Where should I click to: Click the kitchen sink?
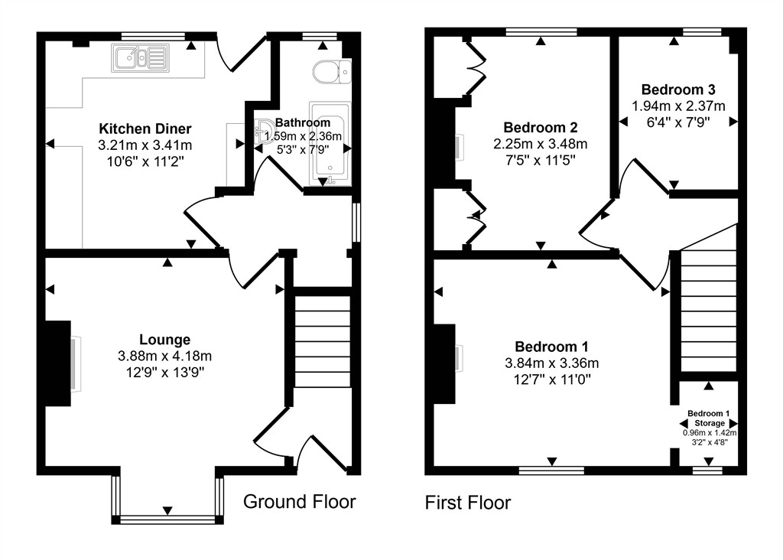[139, 57]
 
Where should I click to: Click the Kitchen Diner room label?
[145, 129]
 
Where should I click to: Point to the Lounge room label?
[164, 340]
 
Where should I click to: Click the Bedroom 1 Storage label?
[708, 418]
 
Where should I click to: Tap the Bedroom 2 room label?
[540, 127]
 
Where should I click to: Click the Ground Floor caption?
[299, 502]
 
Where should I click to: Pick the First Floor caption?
[468, 503]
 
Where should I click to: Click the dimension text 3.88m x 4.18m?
[164, 356]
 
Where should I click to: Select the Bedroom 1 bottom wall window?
[551, 470]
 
